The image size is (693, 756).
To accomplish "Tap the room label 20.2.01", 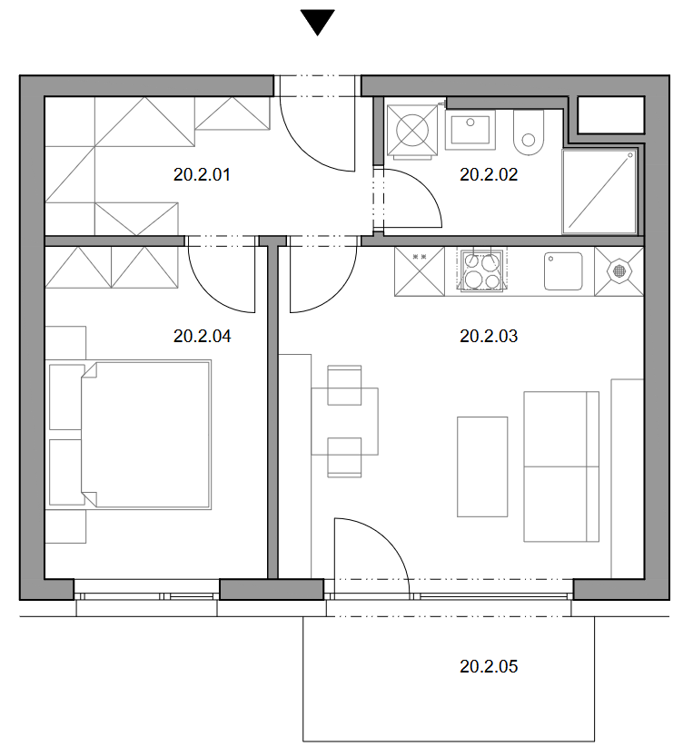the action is point(202,174).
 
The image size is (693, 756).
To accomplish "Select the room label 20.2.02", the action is point(489,174).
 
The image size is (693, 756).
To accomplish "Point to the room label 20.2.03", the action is point(489,336).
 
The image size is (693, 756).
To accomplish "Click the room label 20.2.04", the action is point(202,336).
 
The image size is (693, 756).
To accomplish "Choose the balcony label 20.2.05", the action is point(489,666).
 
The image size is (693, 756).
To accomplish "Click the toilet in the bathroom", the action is point(529,133).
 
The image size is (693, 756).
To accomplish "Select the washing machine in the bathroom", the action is point(412,130).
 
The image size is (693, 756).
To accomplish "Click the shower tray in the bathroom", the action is point(599,191).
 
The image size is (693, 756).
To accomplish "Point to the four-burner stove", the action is point(482,270).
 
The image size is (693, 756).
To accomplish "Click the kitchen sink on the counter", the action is point(563,271).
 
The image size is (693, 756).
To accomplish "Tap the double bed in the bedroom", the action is point(145,435).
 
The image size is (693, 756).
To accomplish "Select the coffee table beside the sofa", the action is point(482,466).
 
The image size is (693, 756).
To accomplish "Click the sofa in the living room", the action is point(561,466).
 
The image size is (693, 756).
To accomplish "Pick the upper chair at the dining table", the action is point(344,385).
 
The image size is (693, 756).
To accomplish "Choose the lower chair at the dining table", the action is point(344,457).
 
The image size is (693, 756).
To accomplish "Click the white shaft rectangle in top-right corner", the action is point(611,114).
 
